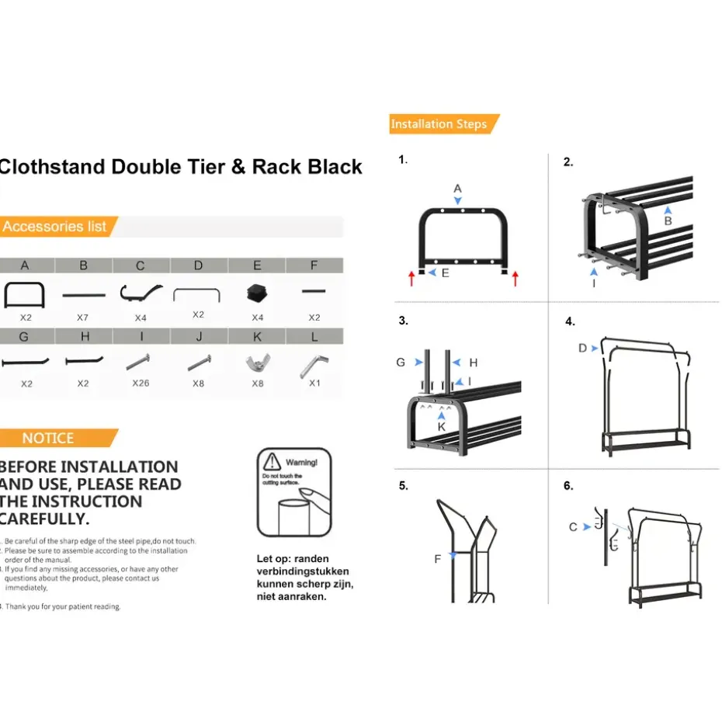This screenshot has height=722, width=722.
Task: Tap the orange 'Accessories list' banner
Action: [56, 227]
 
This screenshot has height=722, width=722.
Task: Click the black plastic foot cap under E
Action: [257, 293]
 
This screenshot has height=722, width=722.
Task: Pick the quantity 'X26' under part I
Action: [141, 384]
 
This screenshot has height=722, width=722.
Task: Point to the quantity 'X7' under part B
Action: [83, 318]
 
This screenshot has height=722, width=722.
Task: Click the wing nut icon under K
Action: [257, 363]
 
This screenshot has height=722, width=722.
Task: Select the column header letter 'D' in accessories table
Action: [199, 266]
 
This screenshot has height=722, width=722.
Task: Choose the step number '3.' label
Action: [403, 321]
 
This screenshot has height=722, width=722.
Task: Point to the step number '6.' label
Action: [568, 486]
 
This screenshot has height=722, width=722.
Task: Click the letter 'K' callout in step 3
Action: [441, 426]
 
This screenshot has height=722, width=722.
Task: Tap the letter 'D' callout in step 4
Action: [582, 348]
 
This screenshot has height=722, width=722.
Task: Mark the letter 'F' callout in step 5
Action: [438, 558]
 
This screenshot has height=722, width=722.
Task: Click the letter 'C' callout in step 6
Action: [573, 527]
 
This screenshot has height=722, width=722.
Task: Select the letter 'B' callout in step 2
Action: [668, 220]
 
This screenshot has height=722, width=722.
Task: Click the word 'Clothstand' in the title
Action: [52, 167]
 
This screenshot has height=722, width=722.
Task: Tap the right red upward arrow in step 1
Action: [515, 278]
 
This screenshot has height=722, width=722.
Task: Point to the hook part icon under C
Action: [141, 293]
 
